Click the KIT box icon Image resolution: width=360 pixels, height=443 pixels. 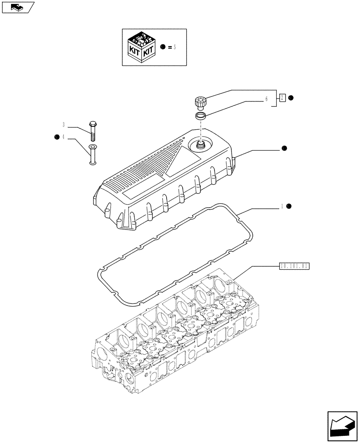pos(141,47)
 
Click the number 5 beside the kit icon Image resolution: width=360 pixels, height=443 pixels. pos(175,47)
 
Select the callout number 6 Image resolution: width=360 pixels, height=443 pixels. pos(266,100)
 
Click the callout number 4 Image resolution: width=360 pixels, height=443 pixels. pos(64,137)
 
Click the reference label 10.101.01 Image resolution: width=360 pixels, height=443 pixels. pos(294,266)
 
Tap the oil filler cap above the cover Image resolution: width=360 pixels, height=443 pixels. pos(200,103)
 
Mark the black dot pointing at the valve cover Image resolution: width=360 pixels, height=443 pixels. pos(284,149)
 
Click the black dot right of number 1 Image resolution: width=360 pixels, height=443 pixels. pos(288,206)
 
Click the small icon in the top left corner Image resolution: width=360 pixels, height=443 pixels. pos(17,7)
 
